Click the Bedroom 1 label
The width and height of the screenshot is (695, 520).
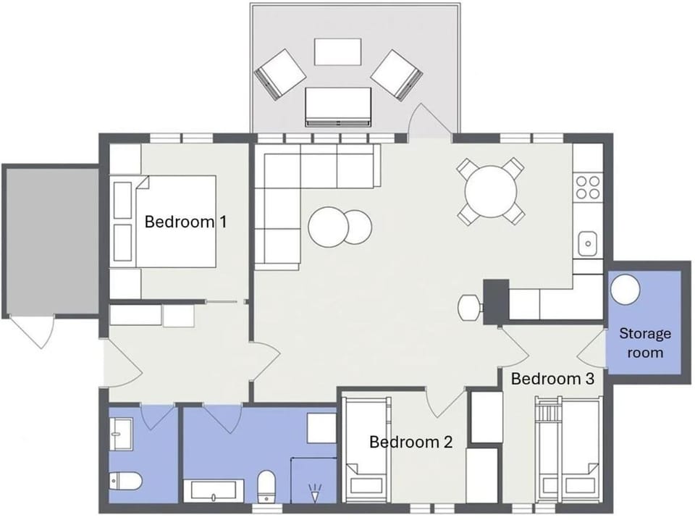pos(185,221)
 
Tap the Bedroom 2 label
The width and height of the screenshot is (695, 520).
pos(411,442)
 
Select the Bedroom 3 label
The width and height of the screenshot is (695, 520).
pos(552,379)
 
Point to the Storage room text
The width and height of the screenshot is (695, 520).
pos(645,343)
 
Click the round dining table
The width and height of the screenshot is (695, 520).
pos(491,191)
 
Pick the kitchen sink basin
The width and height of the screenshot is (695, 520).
pos(588,243)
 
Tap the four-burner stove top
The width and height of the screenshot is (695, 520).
pos(587,187)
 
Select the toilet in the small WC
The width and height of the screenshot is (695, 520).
pos(125,482)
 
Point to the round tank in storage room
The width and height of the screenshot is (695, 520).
pos(625,290)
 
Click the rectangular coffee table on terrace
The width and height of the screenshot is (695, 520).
pos(338,52)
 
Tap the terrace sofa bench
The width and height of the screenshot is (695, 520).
pos(338,106)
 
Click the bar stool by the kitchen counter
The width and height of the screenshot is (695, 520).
pos(470,307)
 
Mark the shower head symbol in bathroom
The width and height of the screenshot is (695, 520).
pos(315,493)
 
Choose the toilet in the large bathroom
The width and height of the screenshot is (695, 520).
pos(266,487)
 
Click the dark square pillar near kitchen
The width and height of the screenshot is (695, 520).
pos(495,302)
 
